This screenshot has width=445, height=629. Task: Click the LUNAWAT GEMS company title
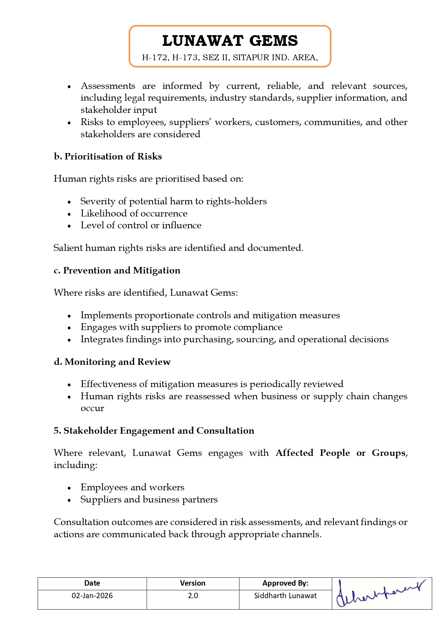click(230, 41)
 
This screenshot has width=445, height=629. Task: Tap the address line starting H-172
click(230, 58)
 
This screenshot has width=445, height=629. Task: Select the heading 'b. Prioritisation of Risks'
click(108, 157)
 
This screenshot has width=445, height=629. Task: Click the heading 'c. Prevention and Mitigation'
click(117, 271)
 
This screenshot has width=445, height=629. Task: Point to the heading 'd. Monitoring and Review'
click(112, 362)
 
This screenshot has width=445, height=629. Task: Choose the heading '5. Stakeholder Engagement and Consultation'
click(154, 431)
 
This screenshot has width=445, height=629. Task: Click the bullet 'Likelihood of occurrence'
click(134, 214)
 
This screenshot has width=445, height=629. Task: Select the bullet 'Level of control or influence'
click(141, 225)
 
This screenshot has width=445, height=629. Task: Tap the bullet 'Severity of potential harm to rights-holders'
click(174, 201)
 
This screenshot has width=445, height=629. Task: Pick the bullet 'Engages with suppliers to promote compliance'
click(181, 327)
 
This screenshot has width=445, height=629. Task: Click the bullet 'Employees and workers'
click(132, 487)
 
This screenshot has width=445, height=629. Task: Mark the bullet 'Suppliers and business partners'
click(149, 500)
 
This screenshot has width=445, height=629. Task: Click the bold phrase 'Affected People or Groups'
click(341, 453)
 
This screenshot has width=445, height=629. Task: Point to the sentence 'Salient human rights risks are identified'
click(178, 248)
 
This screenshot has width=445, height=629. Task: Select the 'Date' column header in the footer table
click(92, 583)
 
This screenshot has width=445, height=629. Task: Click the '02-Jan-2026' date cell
click(92, 596)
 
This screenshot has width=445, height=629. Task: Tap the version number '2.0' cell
click(193, 596)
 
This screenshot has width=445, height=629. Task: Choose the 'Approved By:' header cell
click(285, 583)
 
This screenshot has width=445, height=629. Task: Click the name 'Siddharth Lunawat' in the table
click(285, 596)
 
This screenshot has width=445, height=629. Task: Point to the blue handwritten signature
click(381, 592)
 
